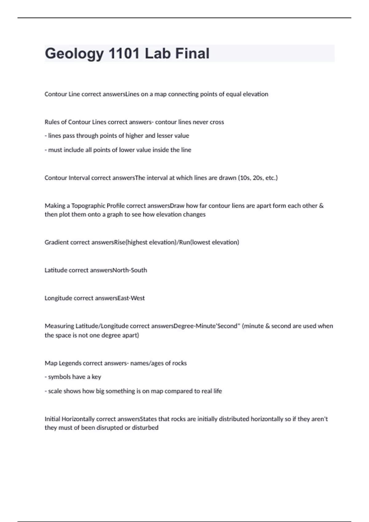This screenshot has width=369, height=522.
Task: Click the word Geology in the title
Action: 74,53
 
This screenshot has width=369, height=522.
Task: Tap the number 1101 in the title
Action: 124,53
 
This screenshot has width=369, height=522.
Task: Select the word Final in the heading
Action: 192,53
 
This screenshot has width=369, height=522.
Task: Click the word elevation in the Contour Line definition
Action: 255,94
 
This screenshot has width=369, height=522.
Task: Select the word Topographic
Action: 88,206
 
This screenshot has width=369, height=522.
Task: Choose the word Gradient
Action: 57,242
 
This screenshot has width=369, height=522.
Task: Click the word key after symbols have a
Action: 96,377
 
